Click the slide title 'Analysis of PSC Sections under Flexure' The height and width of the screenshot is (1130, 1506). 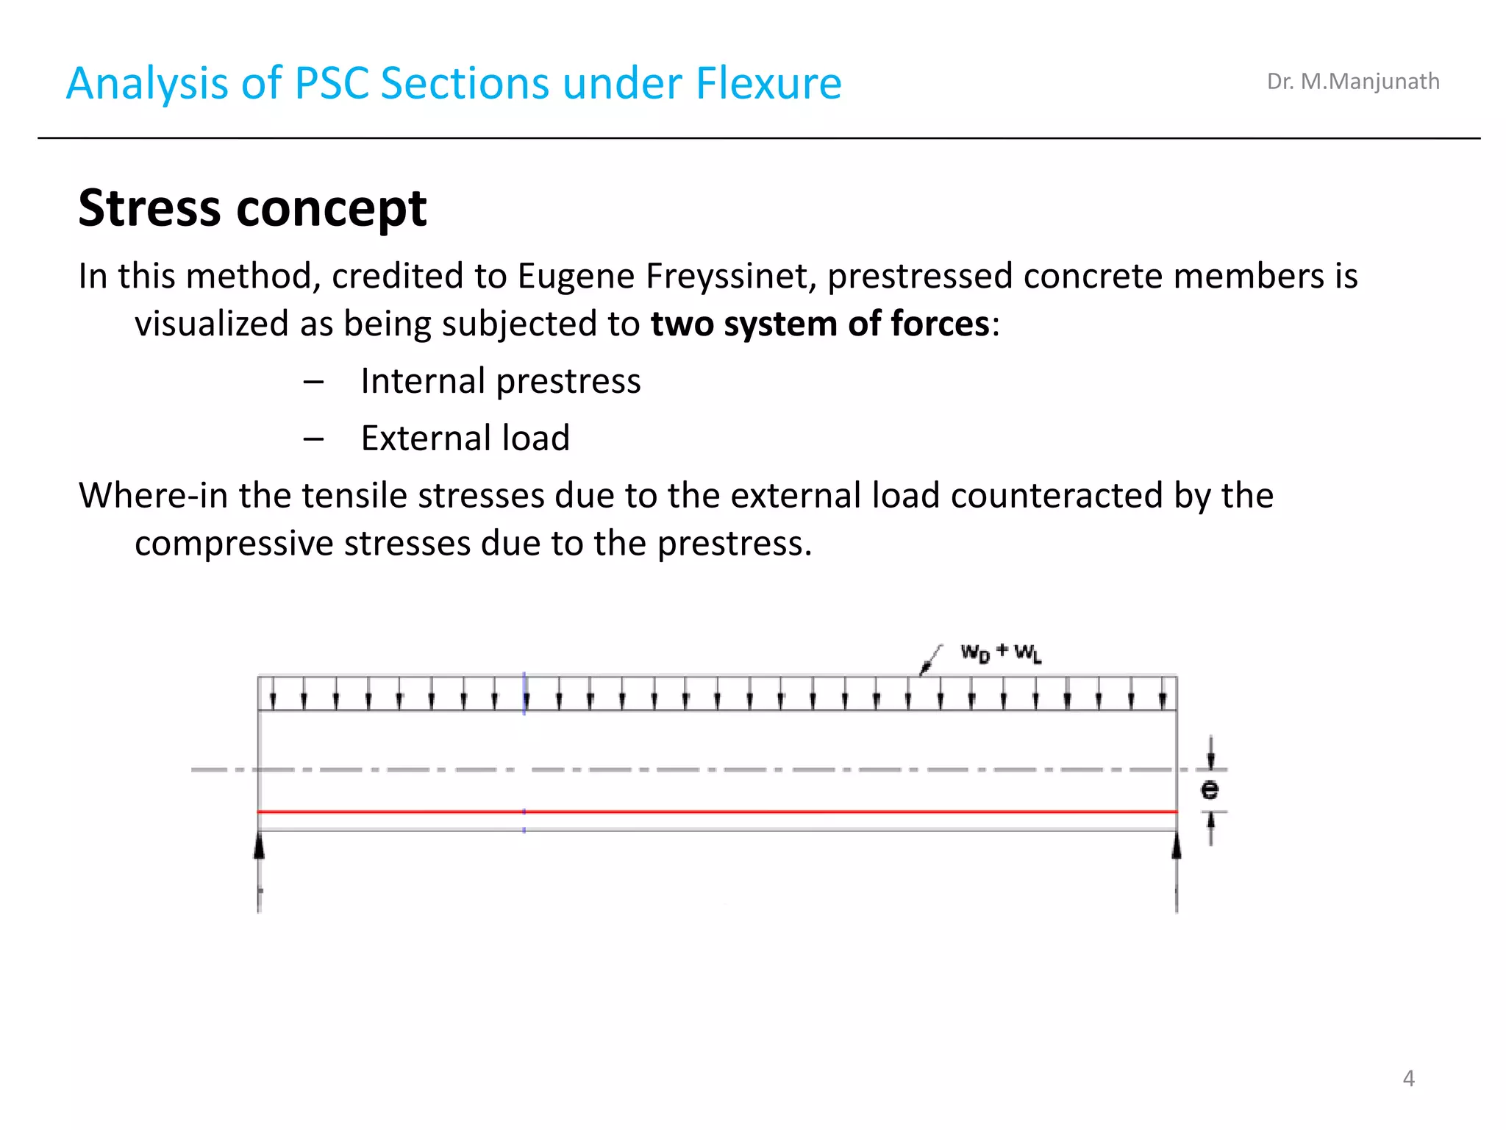pyautogui.click(x=454, y=82)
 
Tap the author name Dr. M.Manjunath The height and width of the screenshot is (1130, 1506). pyautogui.click(x=1352, y=81)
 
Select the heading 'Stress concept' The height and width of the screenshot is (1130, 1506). pyautogui.click(x=252, y=207)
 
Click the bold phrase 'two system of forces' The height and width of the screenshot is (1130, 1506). pyautogui.click(x=820, y=324)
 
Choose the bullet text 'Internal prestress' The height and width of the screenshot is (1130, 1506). pyautogui.click(x=500, y=381)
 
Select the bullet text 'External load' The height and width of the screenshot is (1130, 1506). pyautogui.click(x=465, y=438)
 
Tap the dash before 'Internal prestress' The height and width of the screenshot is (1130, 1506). pyautogui.click(x=313, y=382)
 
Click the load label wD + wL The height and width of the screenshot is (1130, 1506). pyautogui.click(x=1001, y=653)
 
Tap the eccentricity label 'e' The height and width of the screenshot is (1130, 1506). pyautogui.click(x=1210, y=789)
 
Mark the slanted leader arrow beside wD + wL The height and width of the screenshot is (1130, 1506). pyautogui.click(x=930, y=659)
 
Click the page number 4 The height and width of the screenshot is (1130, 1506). pyautogui.click(x=1408, y=1078)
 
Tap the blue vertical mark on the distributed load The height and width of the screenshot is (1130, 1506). pyautogui.click(x=524, y=693)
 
